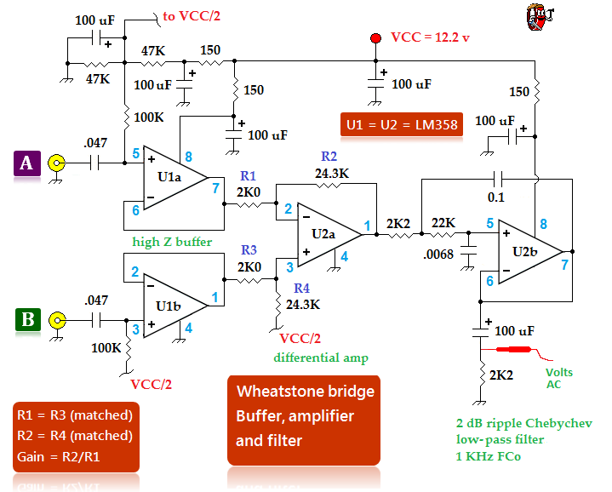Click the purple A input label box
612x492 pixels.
(x=27, y=163)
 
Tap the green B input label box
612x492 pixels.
(x=28, y=319)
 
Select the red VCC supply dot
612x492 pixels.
(x=375, y=38)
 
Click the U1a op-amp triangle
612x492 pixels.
(x=175, y=178)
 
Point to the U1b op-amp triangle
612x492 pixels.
(x=175, y=306)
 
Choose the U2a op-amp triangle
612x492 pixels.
(x=329, y=234)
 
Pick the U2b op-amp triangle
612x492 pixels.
(x=530, y=252)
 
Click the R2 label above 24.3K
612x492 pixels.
(x=329, y=156)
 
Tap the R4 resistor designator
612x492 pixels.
(x=301, y=288)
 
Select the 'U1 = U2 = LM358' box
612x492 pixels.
(x=402, y=124)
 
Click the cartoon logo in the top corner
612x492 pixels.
(x=540, y=17)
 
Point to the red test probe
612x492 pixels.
(x=513, y=349)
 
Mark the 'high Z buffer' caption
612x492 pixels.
(x=172, y=242)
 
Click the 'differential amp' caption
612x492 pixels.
(x=321, y=358)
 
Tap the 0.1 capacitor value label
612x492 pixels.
(x=496, y=197)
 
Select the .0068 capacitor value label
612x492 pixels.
(x=438, y=255)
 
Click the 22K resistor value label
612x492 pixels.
(x=443, y=223)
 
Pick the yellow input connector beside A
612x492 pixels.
(x=56, y=163)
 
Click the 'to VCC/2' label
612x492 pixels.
(x=192, y=16)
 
